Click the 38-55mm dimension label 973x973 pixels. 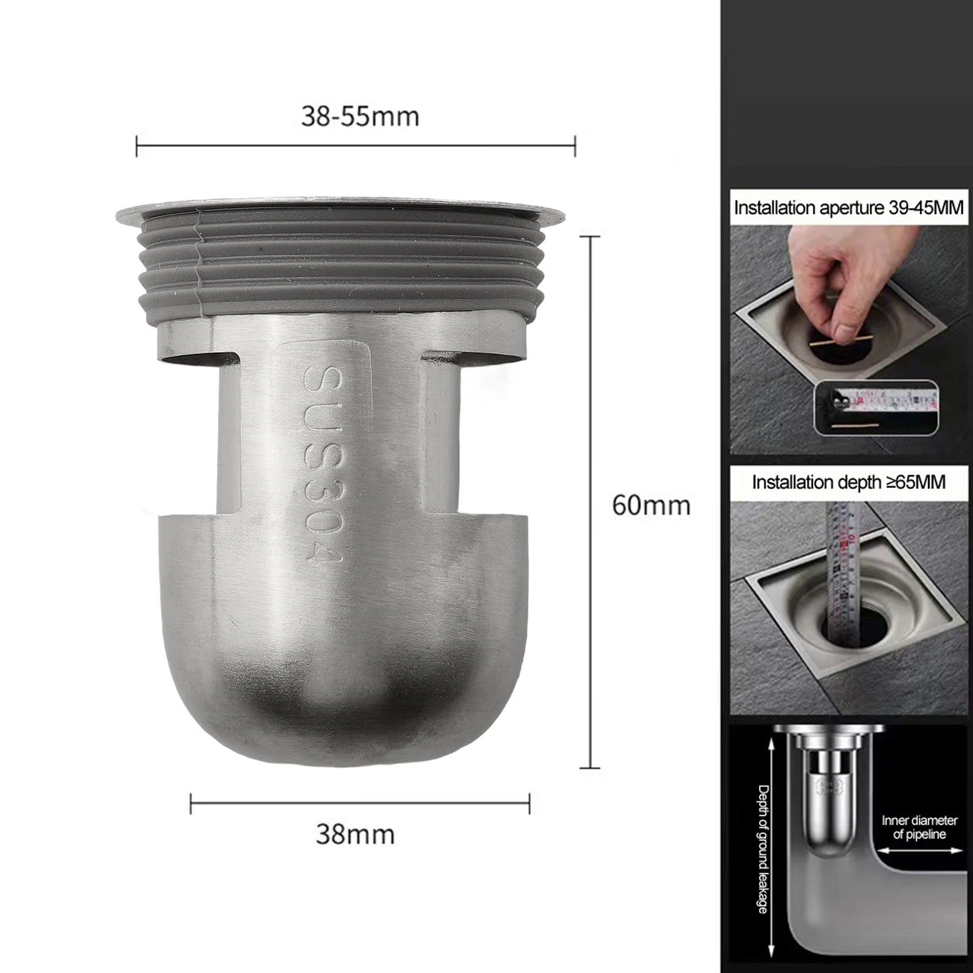click(360, 116)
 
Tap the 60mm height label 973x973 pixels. click(651, 506)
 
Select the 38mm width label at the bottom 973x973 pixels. click(355, 834)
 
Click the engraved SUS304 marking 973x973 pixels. click(322, 465)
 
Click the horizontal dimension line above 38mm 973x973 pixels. click(360, 803)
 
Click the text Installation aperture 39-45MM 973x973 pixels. click(848, 208)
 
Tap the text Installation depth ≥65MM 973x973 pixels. click(848, 482)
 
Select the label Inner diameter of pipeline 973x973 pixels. click(919, 827)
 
